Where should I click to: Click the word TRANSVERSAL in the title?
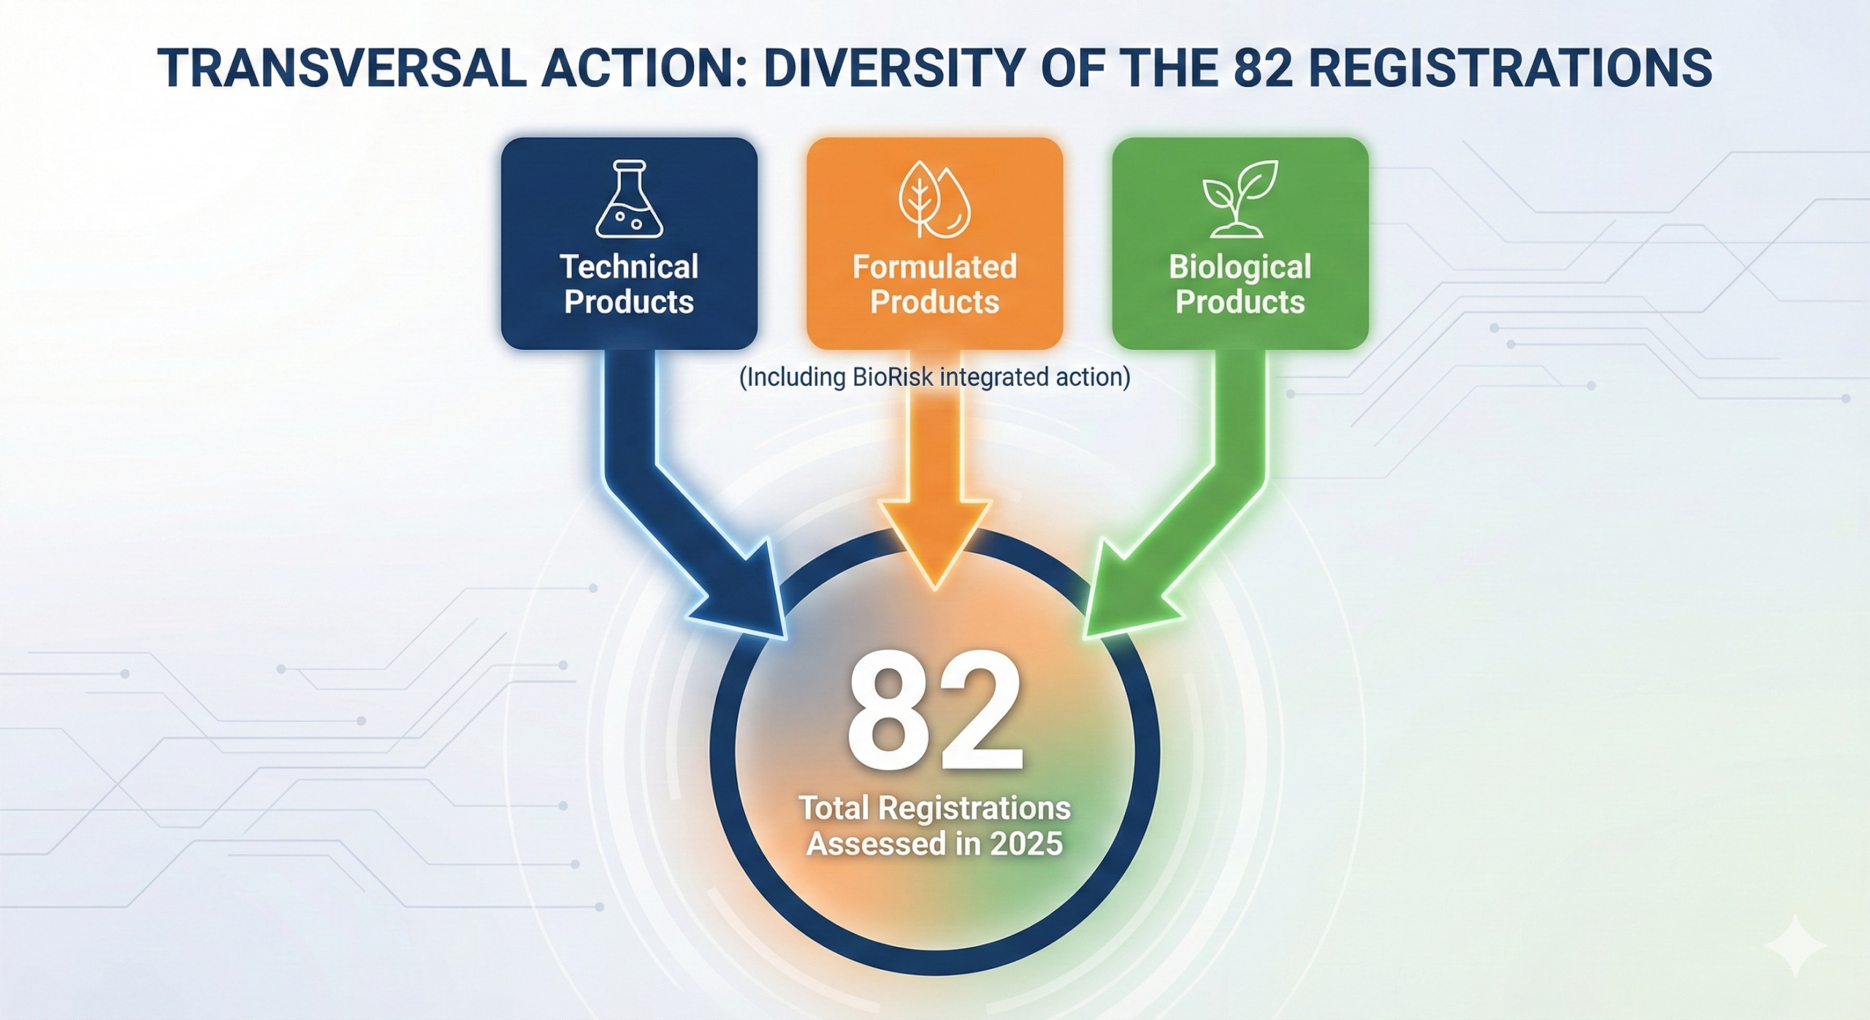[341, 67]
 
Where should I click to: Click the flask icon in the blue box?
[629, 199]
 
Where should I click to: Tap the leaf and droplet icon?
[934, 199]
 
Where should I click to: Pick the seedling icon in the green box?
[1240, 199]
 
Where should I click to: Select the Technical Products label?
[629, 284]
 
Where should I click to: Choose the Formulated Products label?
[934, 284]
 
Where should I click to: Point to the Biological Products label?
[1240, 284]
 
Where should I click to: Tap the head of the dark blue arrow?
[738, 592]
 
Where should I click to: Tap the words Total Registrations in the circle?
[935, 808]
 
